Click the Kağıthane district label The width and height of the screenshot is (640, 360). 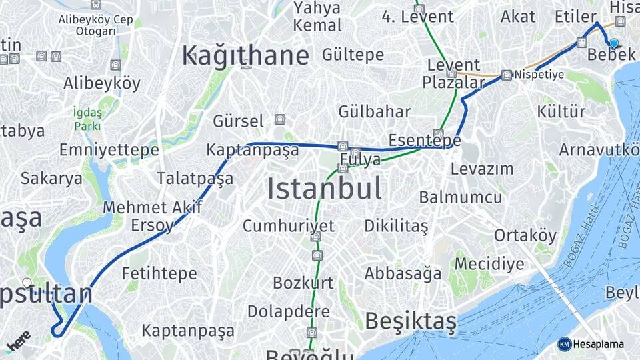pos(245,55)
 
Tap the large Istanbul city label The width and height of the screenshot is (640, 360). pos(325,189)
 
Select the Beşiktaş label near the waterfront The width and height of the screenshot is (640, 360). pos(411,321)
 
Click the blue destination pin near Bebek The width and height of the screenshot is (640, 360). pos(613,43)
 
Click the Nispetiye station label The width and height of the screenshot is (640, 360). pos(539,75)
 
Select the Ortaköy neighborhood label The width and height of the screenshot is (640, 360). pos(525,235)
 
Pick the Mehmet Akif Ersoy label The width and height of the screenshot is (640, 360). pos(153,216)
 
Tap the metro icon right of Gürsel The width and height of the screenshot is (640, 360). pos(279,120)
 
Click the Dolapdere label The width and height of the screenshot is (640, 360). pos(288,311)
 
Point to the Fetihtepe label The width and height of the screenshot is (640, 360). pos(159,273)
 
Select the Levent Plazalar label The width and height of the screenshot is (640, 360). pos(453,74)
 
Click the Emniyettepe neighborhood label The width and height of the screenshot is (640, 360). pos(109,150)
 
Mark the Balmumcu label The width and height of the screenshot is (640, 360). pos(461,197)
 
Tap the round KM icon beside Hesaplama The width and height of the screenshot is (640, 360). pos(564,344)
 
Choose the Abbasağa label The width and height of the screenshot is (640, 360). pos(403,273)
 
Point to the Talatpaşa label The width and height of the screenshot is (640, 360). pos(195,178)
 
